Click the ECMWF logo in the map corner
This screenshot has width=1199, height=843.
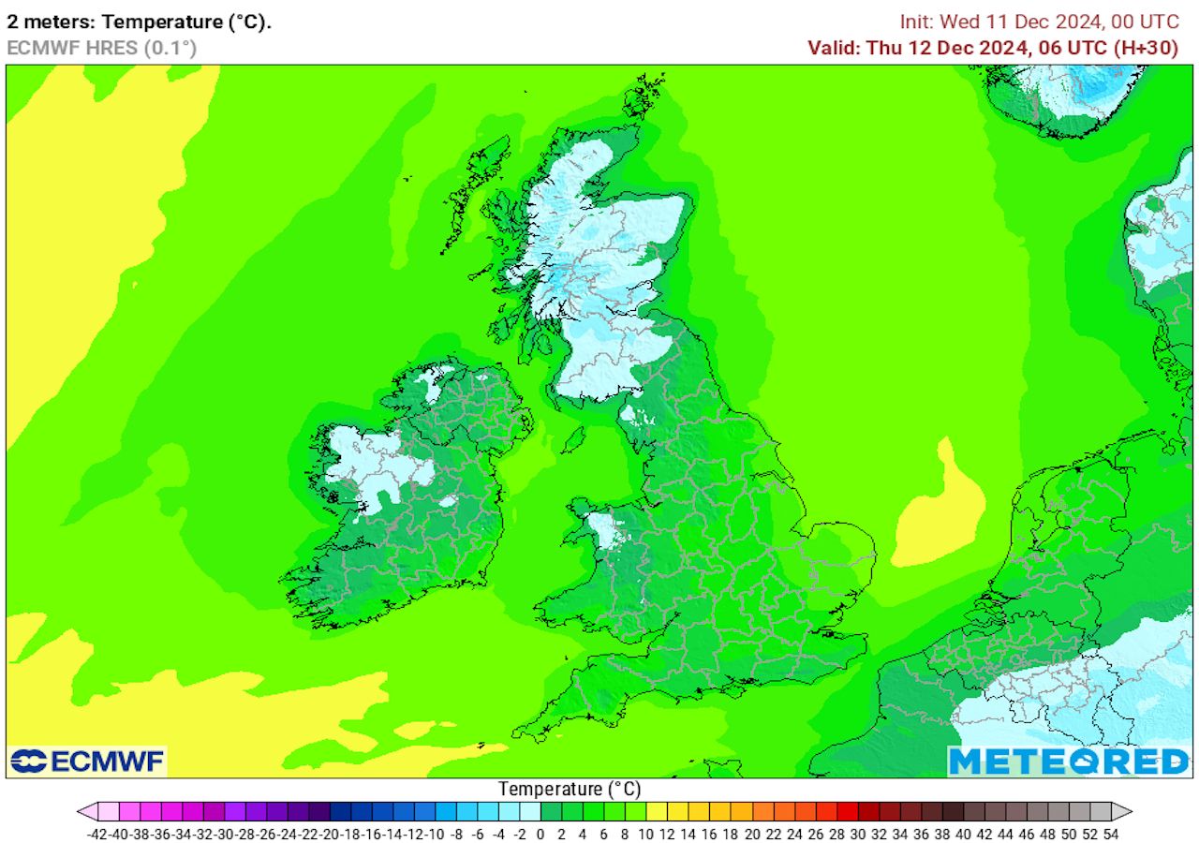(x=88, y=762)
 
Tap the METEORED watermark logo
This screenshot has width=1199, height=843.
(x=1069, y=762)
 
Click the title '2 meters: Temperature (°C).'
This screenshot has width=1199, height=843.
(x=140, y=22)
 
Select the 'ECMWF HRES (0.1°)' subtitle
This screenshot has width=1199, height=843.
(x=101, y=48)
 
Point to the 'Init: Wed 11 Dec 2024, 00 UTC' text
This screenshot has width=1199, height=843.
(x=1040, y=22)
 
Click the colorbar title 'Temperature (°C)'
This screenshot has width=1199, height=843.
(x=570, y=790)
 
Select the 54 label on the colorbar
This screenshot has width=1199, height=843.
(x=1112, y=832)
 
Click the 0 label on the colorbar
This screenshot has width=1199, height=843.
(x=541, y=832)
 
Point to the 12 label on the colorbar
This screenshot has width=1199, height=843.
(x=668, y=832)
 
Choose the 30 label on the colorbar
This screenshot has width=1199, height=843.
(x=858, y=832)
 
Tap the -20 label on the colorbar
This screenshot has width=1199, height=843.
(x=330, y=832)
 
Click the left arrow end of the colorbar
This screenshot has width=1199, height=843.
(x=85, y=811)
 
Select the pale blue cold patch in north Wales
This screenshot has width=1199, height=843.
(x=610, y=530)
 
